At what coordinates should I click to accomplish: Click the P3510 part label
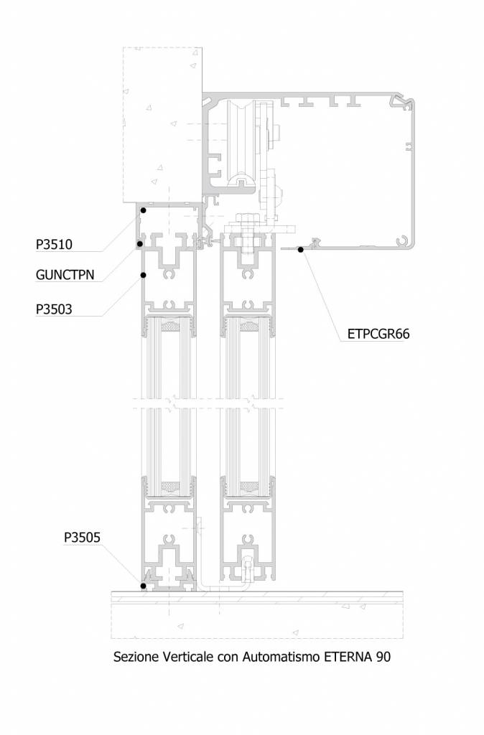[54, 244]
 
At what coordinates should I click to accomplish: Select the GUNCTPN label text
[65, 275]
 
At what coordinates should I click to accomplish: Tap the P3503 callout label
[54, 309]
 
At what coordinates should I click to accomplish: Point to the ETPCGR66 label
[378, 334]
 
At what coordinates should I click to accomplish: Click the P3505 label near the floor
[82, 537]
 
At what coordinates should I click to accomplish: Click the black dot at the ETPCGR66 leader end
[301, 249]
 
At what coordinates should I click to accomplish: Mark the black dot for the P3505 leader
[143, 586]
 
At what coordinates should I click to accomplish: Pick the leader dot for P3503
[143, 275]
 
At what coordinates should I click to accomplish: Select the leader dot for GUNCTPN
[139, 244]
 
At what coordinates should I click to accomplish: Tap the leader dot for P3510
[144, 210]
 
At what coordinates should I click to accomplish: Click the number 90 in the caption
[383, 657]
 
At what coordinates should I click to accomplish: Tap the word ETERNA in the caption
[347, 657]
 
